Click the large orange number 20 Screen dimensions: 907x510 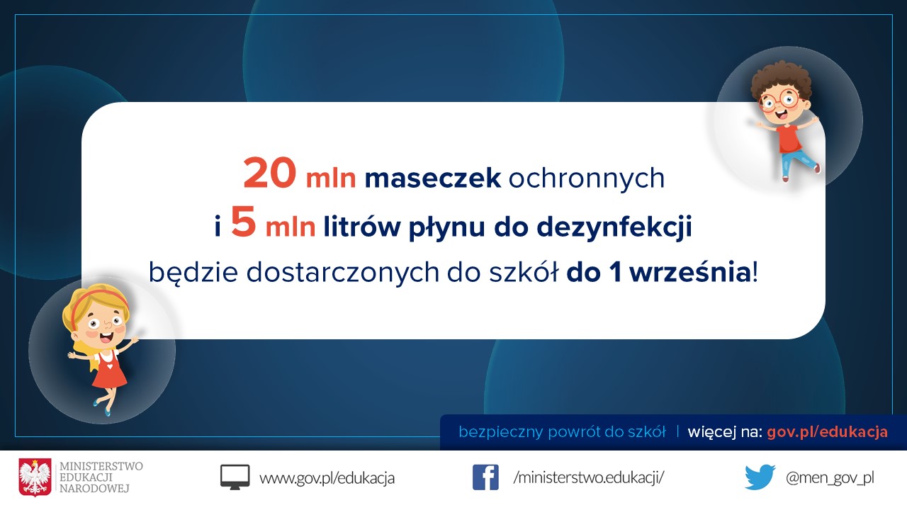pyautogui.click(x=269, y=174)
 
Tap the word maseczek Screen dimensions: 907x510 pyautogui.click(x=433, y=178)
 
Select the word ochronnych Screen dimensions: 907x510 pyautogui.click(x=586, y=178)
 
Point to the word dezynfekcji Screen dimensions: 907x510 pyautogui.click(x=614, y=227)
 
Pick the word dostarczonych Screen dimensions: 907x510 pyautogui.click(x=342, y=273)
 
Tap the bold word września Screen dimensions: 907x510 pyautogui.click(x=690, y=272)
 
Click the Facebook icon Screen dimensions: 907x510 pyautogui.click(x=485, y=477)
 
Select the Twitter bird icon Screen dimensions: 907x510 pyautogui.click(x=760, y=477)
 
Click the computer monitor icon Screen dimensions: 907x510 pyautogui.click(x=235, y=477)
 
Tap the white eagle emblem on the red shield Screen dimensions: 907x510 pyautogui.click(x=35, y=477)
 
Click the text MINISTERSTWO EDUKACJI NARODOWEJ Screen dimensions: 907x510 pyautogui.click(x=101, y=477)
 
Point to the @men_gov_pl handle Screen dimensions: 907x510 pyautogui.click(x=830, y=478)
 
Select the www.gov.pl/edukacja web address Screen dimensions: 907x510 pyautogui.click(x=327, y=478)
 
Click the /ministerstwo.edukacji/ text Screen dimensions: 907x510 pyautogui.click(x=588, y=477)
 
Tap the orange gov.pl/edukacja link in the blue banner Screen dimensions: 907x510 pyautogui.click(x=827, y=432)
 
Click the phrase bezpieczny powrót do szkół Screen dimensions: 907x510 pyautogui.click(x=562, y=432)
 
